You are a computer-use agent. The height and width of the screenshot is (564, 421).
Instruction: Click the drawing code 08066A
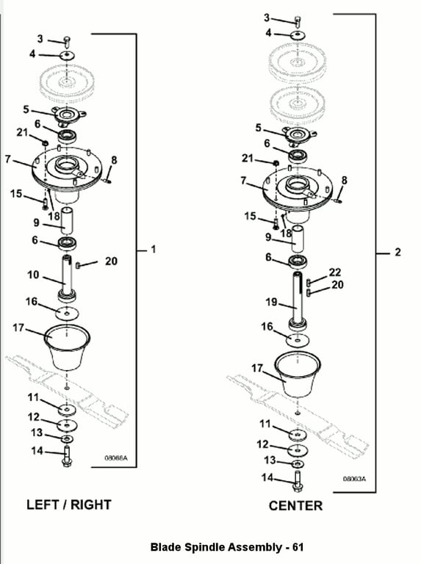point(116,458)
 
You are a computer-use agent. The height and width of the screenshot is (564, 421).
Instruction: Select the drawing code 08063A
point(354,479)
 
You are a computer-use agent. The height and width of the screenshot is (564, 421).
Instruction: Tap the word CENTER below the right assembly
point(295,506)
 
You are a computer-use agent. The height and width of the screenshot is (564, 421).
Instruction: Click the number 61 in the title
point(298,547)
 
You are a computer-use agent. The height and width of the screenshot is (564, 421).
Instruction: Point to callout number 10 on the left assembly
point(33,275)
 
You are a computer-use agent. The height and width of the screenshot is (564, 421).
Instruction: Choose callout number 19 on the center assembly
point(271,302)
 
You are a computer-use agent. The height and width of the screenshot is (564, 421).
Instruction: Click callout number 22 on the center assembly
point(335,272)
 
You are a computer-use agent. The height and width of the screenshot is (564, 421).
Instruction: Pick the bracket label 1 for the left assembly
point(154,249)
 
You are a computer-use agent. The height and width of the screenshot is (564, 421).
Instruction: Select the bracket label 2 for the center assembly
point(397,252)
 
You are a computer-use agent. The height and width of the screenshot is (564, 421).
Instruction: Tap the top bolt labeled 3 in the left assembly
point(68,41)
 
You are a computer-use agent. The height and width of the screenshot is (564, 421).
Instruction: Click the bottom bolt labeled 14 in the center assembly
point(298,481)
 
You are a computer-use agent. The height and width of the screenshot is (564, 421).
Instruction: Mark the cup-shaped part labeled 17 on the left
point(68,347)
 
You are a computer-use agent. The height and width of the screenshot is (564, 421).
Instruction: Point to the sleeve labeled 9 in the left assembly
point(67,220)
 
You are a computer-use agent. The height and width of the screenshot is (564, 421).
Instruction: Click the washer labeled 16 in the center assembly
point(298,339)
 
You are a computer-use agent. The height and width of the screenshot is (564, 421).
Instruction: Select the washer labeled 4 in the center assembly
point(298,35)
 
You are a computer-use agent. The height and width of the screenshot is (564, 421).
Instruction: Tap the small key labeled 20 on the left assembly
point(78,265)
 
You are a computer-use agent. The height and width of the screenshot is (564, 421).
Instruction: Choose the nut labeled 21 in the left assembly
point(46,143)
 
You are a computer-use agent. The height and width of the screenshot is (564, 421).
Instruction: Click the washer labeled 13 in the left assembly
point(67,439)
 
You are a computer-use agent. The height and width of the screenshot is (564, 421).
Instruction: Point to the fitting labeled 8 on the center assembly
point(338,200)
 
